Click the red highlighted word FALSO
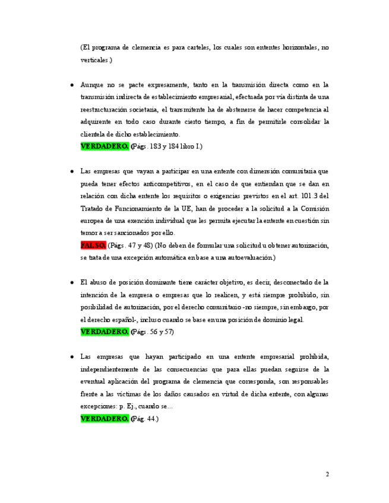(93, 245)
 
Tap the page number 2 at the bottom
(327, 474)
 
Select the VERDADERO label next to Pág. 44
(105, 418)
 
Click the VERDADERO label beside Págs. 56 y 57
(105, 332)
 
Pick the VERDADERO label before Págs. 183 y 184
(105, 146)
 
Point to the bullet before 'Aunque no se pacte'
(72, 85)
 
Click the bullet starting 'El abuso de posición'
(72, 282)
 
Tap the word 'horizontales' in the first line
(292, 47)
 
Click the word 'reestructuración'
(105, 110)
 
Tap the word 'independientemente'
(113, 369)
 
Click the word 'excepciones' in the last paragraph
(100, 406)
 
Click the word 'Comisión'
(313, 208)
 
